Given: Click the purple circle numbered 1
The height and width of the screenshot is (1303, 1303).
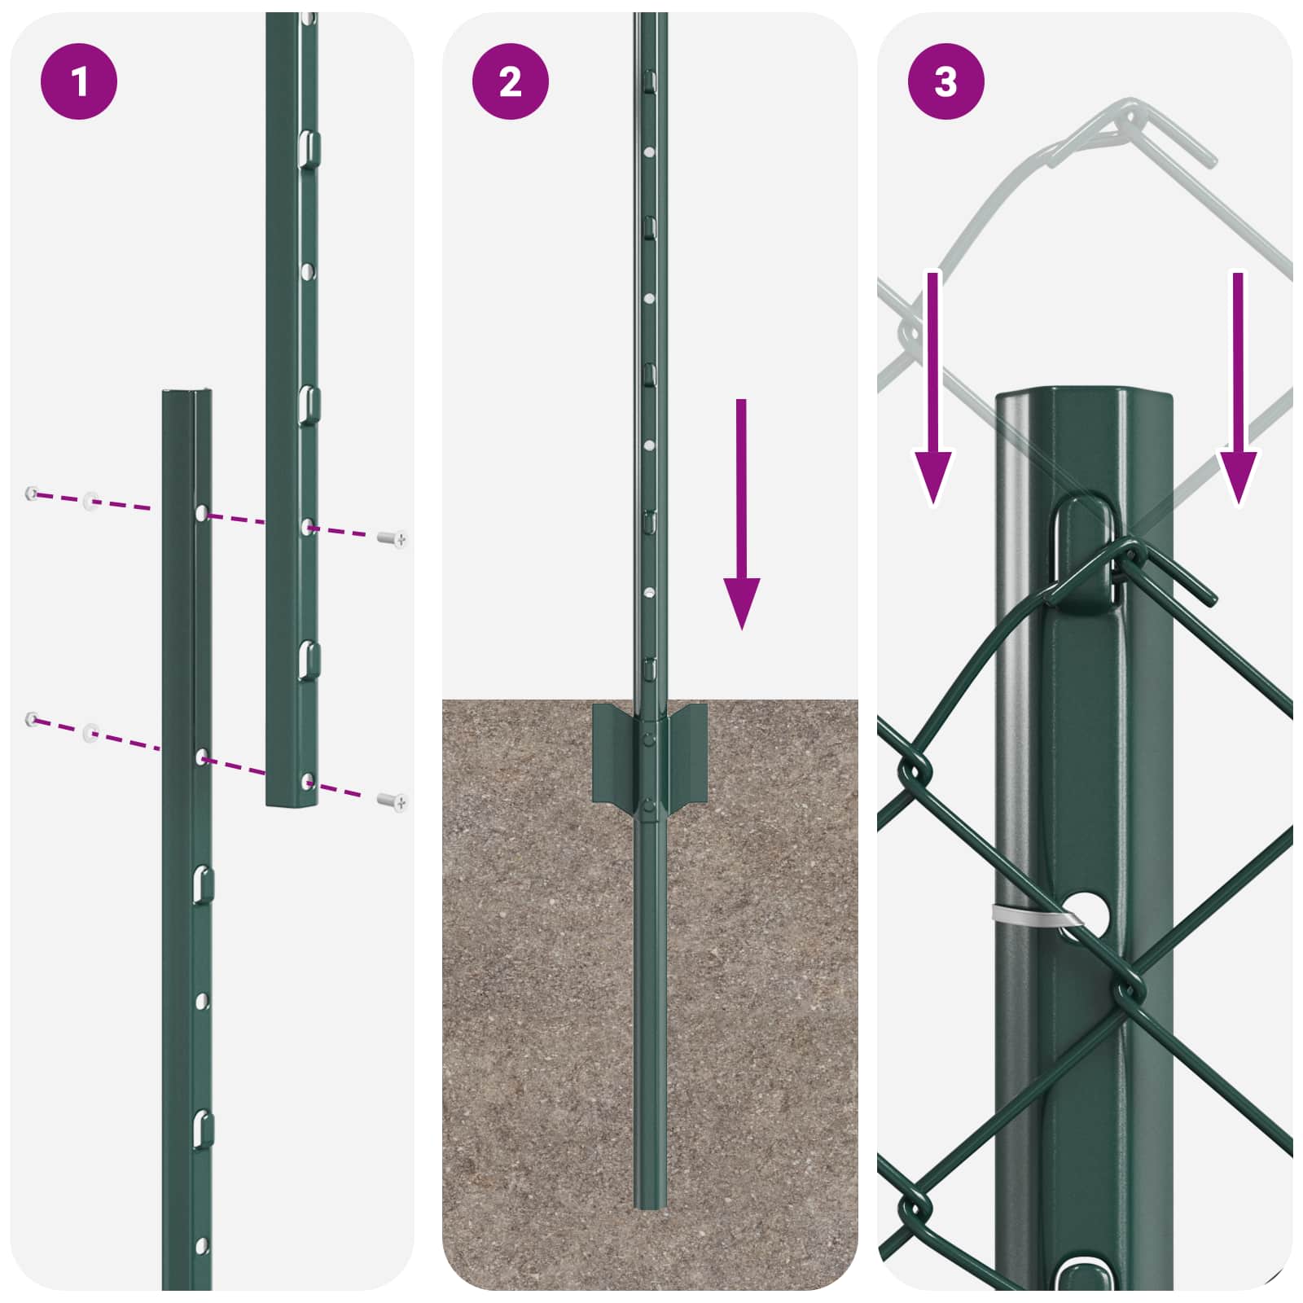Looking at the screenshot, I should click(79, 81).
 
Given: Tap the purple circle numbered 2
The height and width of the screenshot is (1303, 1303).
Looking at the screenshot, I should click(511, 81).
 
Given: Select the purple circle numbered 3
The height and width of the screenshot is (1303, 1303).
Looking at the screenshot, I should click(945, 81).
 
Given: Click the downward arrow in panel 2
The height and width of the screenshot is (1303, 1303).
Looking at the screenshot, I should click(741, 521).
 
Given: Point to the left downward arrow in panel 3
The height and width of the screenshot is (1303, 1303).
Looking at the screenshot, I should click(932, 391).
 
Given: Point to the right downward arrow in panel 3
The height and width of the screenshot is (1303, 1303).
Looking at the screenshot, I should click(1238, 391).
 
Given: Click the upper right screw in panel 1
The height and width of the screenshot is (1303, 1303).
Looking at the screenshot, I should click(393, 538).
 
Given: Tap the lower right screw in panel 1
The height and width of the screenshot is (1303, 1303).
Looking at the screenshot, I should click(393, 802).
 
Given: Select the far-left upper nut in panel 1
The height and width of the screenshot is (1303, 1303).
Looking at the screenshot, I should click(32, 493).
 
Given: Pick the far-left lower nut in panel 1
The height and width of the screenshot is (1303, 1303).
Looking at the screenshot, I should click(32, 718).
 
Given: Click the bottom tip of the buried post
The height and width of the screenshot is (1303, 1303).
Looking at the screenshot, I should click(649, 1204).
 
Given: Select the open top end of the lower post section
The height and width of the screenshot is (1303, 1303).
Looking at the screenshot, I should click(187, 394).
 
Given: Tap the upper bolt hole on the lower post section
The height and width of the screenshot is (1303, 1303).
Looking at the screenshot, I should click(202, 513).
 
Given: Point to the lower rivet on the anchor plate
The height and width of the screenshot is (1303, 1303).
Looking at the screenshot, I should click(648, 805).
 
